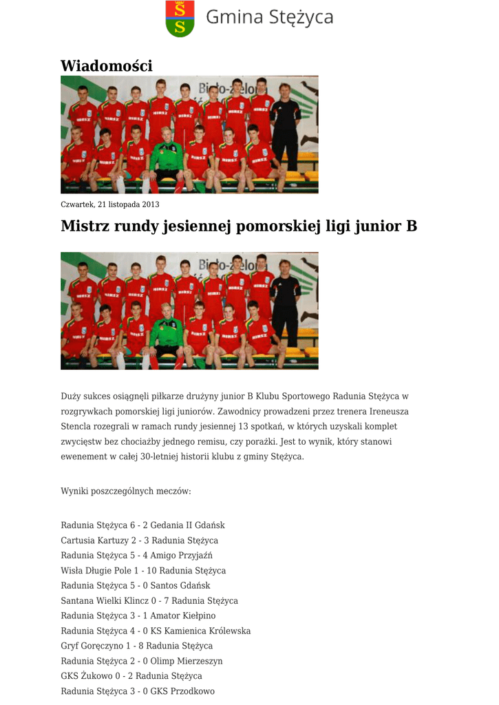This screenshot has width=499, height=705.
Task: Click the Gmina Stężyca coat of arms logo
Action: tap(180, 19)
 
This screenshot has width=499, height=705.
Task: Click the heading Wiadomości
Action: tap(106, 66)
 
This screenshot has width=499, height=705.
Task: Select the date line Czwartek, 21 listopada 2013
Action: tap(109, 204)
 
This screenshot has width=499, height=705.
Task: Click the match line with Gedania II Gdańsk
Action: tap(142, 525)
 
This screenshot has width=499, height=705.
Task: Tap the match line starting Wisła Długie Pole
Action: tap(143, 571)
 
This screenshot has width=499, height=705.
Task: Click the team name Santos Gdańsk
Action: tap(180, 586)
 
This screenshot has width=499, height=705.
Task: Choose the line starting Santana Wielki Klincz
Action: tap(149, 601)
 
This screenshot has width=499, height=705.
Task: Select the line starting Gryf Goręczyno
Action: tap(136, 646)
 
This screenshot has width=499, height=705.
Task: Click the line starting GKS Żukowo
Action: tap(131, 676)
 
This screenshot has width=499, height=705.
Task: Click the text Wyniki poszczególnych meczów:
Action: tap(125, 492)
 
